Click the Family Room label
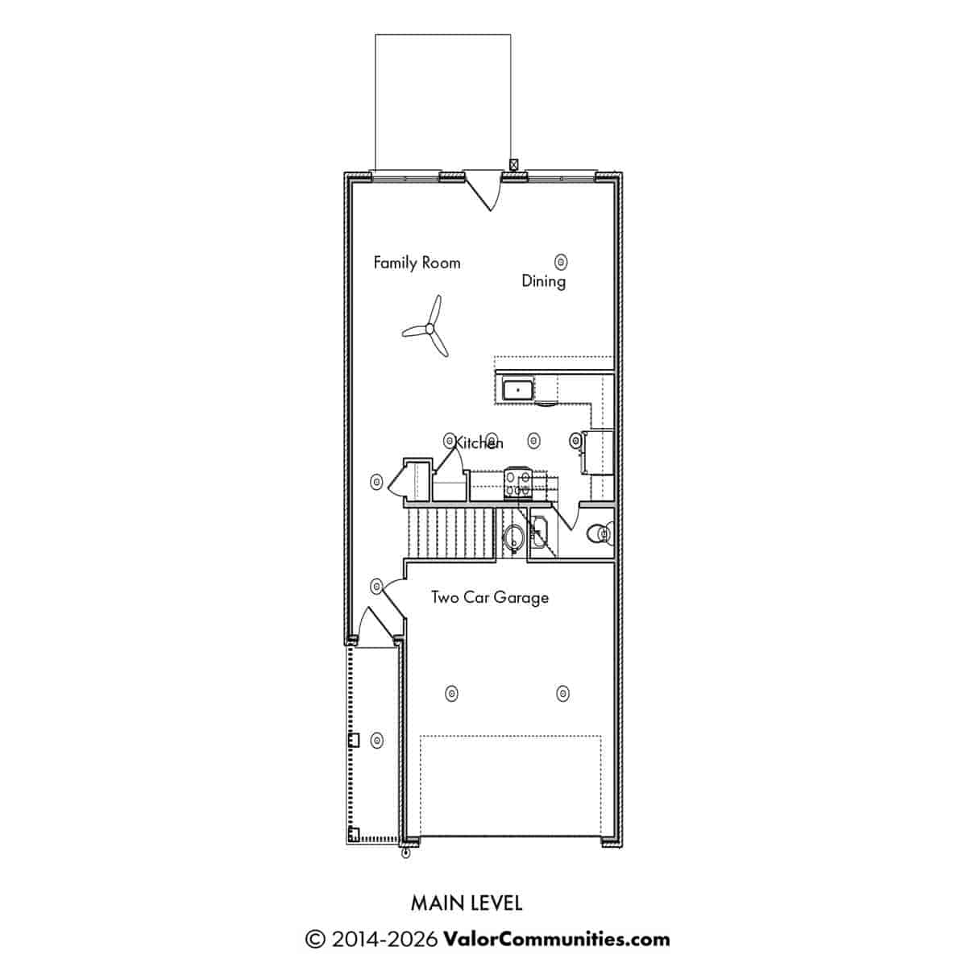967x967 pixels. (x=417, y=263)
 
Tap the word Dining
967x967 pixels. (x=543, y=281)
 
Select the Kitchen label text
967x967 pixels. (x=478, y=442)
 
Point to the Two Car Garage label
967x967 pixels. (x=490, y=598)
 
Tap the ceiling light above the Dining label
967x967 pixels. (x=561, y=261)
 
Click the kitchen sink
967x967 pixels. (x=517, y=389)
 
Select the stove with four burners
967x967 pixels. (x=518, y=483)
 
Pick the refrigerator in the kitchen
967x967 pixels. (x=598, y=451)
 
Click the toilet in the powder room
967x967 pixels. (x=600, y=533)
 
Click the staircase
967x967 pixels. (x=450, y=533)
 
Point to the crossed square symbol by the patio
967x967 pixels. (x=513, y=164)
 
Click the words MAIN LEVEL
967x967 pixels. (x=467, y=903)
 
